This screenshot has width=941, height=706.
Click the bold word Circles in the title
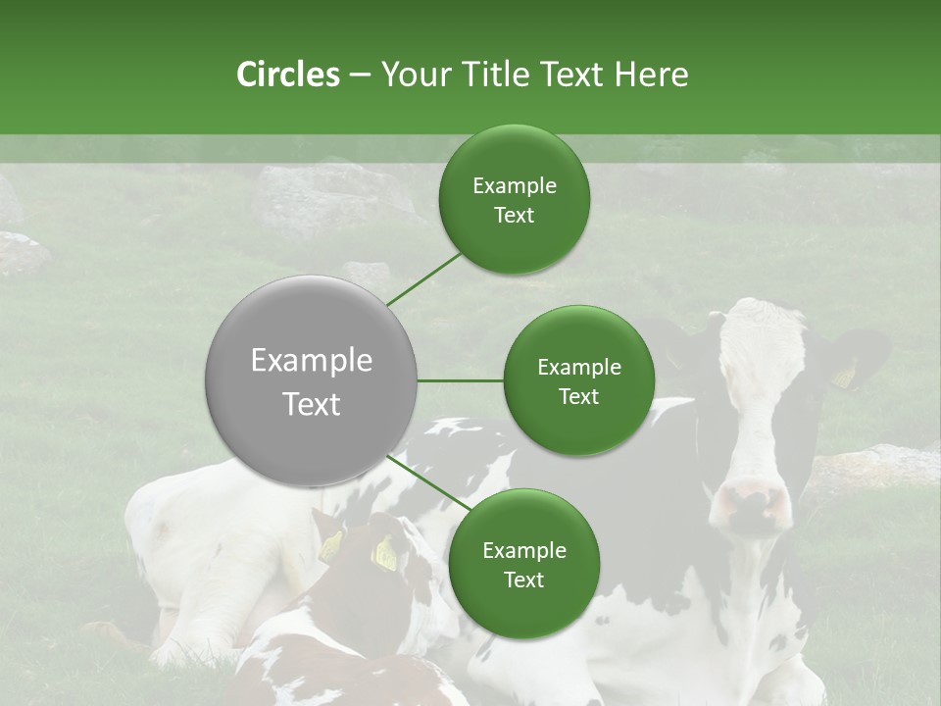[x=287, y=75]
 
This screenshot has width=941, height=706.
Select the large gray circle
[x=311, y=380]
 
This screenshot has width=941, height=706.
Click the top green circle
[x=514, y=199]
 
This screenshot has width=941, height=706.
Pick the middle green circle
[x=578, y=380]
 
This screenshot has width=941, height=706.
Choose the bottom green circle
[x=523, y=564]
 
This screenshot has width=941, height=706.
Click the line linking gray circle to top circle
[x=423, y=279]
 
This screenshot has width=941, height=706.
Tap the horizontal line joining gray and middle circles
[x=460, y=380]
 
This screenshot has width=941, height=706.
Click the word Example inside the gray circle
[x=311, y=361]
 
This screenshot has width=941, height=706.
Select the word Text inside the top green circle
[x=514, y=216]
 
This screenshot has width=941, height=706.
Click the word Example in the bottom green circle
[x=523, y=550]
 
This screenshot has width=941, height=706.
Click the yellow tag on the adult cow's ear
[x=844, y=375]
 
